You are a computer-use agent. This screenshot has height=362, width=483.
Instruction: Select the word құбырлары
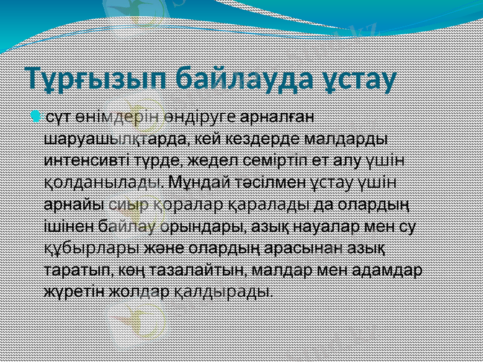92,247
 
